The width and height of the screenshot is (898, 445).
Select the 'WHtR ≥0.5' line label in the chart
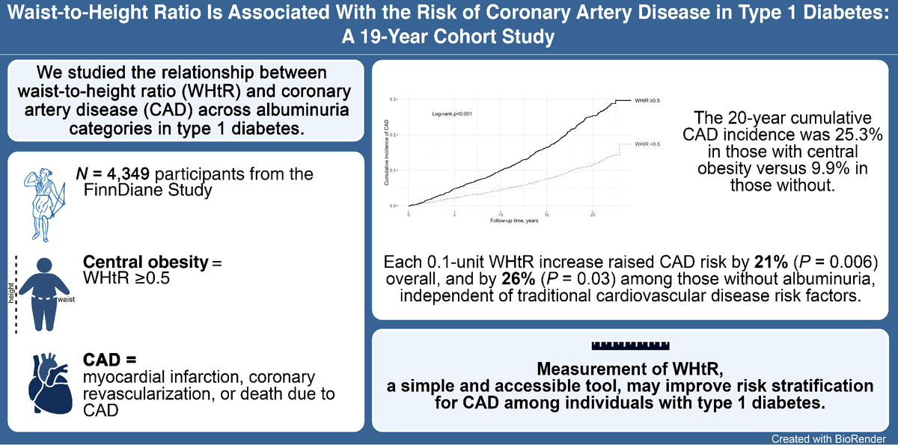click(x=647, y=99)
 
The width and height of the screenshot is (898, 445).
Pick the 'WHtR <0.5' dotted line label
click(x=647, y=144)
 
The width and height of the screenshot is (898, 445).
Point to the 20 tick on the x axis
click(x=593, y=213)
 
